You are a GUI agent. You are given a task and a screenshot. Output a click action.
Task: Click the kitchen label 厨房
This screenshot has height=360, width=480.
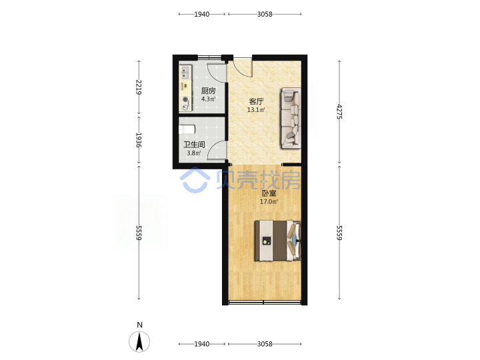pos(208,91)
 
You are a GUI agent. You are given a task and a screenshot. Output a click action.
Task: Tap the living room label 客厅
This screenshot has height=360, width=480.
pos(256,101)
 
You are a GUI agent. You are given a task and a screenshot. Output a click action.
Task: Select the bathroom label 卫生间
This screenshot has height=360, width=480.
pos(194,145)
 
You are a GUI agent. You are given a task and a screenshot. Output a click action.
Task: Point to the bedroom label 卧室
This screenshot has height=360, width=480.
pos(269,193)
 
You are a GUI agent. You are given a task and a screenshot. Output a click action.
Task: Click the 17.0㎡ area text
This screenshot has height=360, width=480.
pos(269,202)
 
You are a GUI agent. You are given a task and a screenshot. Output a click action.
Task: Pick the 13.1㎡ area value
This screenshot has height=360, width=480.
pos(256,109)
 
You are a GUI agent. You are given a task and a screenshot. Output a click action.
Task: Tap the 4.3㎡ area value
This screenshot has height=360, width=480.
pos(209,99)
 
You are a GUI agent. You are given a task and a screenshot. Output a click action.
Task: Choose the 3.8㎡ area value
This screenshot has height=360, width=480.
pos(194,153)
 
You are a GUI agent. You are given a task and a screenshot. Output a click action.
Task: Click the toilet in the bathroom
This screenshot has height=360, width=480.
pos(187,129)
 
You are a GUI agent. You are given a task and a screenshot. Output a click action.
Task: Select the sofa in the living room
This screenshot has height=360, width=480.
pos(291,118)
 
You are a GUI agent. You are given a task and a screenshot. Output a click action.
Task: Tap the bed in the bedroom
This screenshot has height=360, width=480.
pos(277,241)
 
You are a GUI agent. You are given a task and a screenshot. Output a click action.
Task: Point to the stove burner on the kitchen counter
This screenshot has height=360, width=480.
pos(185,99)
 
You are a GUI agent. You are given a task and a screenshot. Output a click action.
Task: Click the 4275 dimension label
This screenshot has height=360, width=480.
pos(339,112)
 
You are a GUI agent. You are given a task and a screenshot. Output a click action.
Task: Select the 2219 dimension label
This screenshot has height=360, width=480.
pos(139,87)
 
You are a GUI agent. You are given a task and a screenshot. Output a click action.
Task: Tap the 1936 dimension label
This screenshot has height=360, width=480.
pos(139,140)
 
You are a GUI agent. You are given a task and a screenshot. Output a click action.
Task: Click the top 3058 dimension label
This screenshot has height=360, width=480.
pos(265,14)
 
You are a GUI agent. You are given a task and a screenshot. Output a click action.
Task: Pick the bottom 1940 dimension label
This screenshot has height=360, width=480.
pos(202,344)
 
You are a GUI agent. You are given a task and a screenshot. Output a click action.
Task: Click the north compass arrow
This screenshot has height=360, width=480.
pos(139,341)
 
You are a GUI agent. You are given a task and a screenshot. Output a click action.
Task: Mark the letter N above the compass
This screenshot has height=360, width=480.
pos(139,325)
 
